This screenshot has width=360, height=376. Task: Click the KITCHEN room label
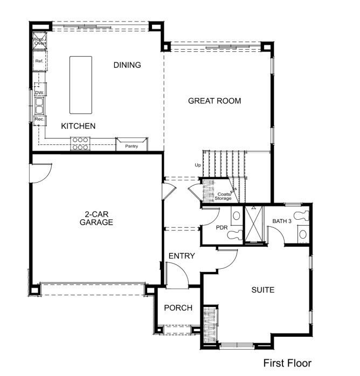pyautogui.click(x=78, y=126)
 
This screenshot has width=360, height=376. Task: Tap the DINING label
pyautogui.click(x=127, y=65)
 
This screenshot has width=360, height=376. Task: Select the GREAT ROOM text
pyautogui.click(x=214, y=101)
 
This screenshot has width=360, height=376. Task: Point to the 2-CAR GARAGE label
pyautogui.click(x=96, y=218)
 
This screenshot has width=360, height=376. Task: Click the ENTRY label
pyautogui.click(x=181, y=255)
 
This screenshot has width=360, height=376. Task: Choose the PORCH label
pyautogui.click(x=178, y=308)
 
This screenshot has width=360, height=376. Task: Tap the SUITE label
pyautogui.click(x=263, y=290)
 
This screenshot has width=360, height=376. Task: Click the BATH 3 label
pyautogui.click(x=282, y=221)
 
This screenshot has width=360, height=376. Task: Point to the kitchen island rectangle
pyautogui.click(x=80, y=85)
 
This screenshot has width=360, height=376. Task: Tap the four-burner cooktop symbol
pyautogui.click(x=80, y=143)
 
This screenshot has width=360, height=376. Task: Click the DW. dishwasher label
pyautogui.click(x=39, y=93)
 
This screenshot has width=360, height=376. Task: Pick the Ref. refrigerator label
pyautogui.click(x=39, y=61)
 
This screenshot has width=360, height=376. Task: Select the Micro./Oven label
pyautogui.click(x=38, y=42)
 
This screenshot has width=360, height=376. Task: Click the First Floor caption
pyautogui.click(x=287, y=364)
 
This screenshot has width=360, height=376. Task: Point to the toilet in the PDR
pyautogui.click(x=237, y=216)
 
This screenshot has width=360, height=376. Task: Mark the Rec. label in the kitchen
pyautogui.click(x=39, y=119)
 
